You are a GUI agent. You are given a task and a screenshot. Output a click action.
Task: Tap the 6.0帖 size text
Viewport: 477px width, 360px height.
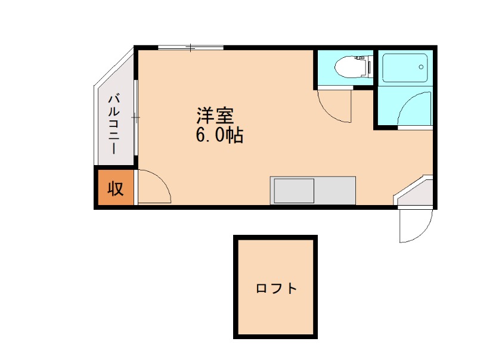point(219,136)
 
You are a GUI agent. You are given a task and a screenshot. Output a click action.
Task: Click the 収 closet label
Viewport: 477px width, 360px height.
point(115,189)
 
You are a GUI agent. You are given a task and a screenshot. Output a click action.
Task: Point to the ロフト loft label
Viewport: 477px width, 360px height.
point(276,289)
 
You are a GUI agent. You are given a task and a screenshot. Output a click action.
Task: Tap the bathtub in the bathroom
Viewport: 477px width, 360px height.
point(405,68)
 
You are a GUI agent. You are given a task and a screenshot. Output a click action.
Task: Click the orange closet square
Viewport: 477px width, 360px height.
point(115,189)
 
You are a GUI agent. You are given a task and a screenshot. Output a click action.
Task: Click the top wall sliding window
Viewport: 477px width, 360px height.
point(190,47)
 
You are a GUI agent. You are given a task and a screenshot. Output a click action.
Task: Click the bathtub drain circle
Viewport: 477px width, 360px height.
point(422,66)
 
